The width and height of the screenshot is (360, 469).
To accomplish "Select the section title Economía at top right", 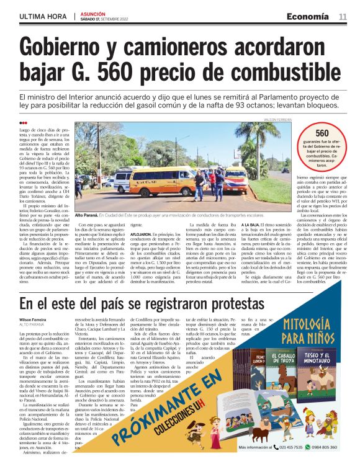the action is pyautogui.click(x=308, y=16).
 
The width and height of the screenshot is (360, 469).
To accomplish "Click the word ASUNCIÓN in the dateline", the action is pyautogui.click(x=93, y=13).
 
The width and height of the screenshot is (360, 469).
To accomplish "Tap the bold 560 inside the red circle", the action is pyautogui.click(x=322, y=133).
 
